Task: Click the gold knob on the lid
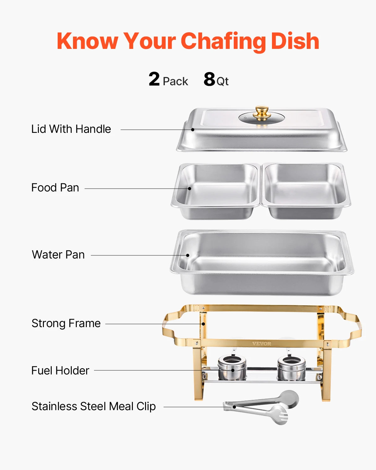pos(262,113)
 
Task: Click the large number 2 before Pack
pos(154,79)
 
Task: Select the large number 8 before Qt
pos(209,79)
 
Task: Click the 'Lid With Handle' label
pos(71,129)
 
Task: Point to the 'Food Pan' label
pos(55,188)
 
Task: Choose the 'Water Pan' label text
pos(58,255)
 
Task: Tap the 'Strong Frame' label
pos(66,323)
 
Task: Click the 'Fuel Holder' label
pos(60,371)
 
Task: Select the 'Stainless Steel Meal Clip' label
pos(94,406)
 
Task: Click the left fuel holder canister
pos(232,368)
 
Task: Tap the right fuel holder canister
pos(291,368)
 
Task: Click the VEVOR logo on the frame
pos(262,344)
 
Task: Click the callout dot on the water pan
pos(188,255)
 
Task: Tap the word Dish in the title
pos(295,41)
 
